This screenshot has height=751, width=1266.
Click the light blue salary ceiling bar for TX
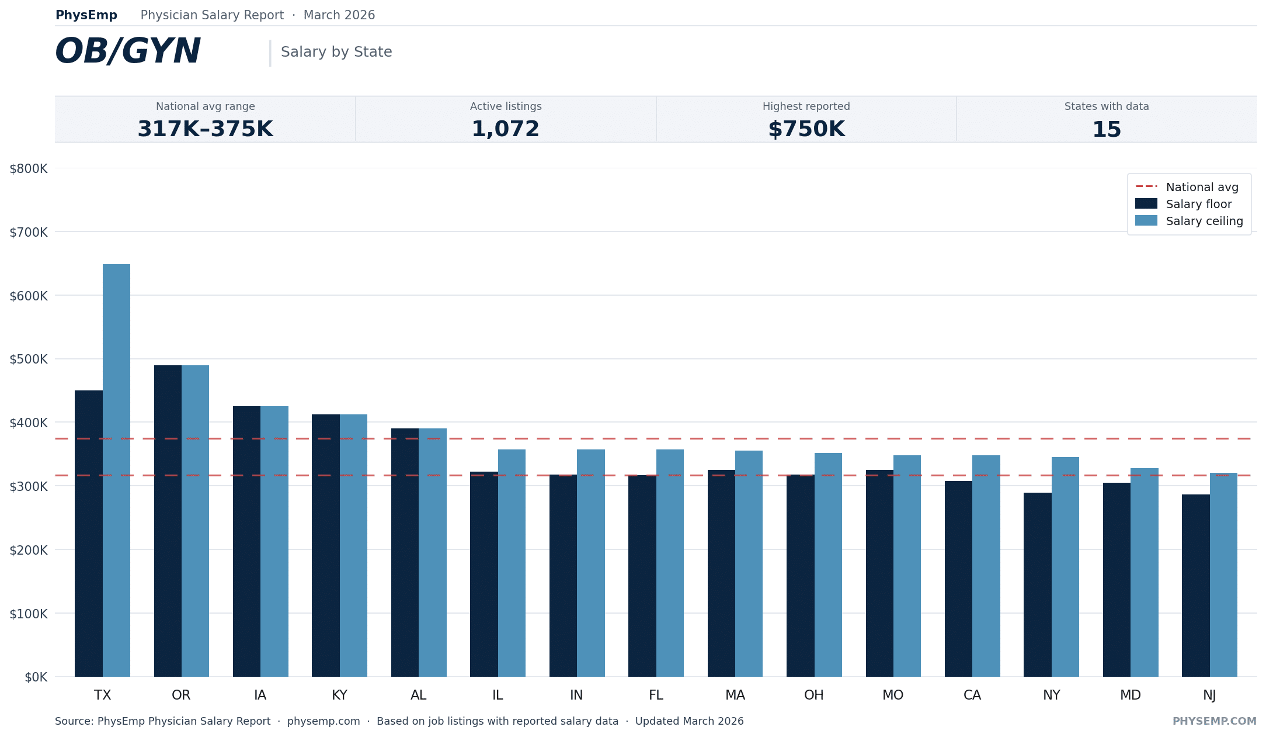point(116,470)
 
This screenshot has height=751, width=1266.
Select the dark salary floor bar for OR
point(168,521)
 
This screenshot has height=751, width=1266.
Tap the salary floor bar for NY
point(1037,584)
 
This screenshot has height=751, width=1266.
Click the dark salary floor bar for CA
point(958,579)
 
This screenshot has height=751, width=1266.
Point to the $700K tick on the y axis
point(29,233)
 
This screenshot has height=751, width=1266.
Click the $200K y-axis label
point(29,550)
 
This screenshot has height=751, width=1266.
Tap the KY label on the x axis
point(339,695)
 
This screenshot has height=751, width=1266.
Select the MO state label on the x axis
point(893,695)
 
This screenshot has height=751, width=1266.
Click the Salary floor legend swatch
point(1146,204)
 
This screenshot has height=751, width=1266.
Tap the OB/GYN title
point(128,51)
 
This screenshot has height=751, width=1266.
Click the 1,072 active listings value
point(506,129)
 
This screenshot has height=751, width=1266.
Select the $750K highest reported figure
point(806,129)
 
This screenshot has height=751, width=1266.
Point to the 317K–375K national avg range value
point(205,129)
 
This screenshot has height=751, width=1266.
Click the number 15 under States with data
point(1106,129)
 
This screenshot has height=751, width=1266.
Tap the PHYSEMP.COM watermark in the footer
point(1214,721)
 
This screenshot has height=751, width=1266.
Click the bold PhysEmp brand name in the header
point(86,15)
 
